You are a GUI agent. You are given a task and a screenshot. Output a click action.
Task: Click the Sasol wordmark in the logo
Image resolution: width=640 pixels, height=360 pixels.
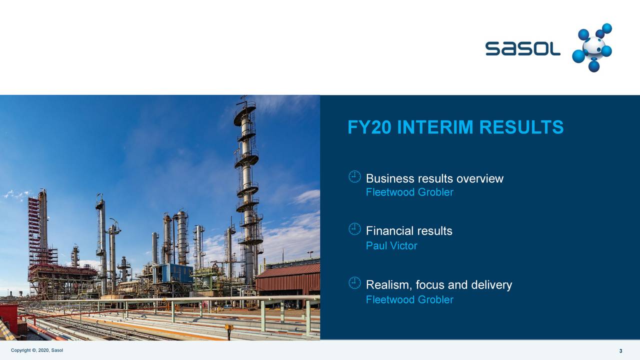point(522,48)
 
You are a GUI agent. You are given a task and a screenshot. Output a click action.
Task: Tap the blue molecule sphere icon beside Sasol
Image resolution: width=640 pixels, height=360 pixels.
point(593,48)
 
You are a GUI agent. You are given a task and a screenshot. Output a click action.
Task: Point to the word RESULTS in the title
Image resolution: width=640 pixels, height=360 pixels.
point(521,127)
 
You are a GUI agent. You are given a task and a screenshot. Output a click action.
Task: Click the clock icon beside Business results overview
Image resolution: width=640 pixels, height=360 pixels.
point(354,176)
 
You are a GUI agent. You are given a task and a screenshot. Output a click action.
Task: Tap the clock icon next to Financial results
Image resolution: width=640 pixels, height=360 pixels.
point(354,229)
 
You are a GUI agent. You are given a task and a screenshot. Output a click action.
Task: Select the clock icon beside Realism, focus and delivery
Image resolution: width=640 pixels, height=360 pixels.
point(354,283)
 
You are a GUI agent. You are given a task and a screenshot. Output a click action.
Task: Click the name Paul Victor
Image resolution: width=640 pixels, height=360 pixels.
point(391,245)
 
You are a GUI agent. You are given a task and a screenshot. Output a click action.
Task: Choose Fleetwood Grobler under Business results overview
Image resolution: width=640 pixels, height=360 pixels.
point(409,192)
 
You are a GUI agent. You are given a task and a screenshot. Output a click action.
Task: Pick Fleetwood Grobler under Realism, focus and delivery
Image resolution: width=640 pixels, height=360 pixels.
point(409,299)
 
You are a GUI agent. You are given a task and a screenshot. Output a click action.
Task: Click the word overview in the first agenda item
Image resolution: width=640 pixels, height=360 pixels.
point(480,178)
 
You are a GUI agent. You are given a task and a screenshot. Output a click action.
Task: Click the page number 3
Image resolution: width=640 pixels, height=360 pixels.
point(620,351)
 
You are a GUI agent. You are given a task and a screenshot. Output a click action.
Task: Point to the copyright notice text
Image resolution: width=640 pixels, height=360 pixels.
point(37,350)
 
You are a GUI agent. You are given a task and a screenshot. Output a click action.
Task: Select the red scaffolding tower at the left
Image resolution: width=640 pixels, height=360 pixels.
point(34,230)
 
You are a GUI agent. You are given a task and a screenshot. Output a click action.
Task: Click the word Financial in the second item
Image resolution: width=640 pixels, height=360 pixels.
point(388,231)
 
